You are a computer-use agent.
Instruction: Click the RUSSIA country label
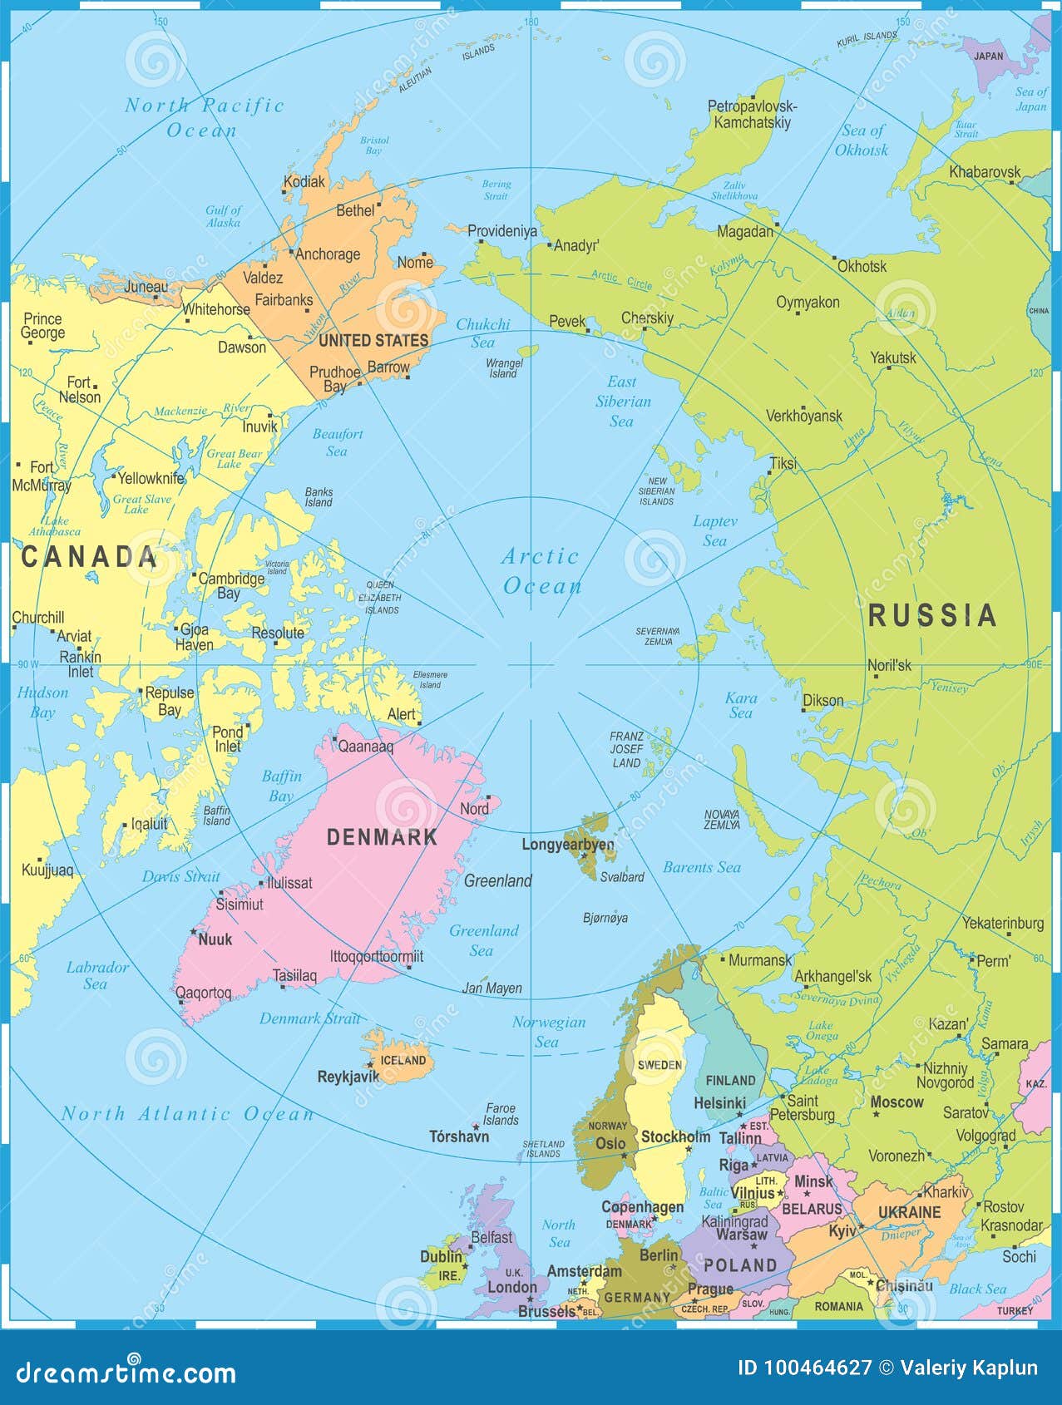[932, 615]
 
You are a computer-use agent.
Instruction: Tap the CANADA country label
[89, 557]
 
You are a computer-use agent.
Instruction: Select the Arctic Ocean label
[541, 571]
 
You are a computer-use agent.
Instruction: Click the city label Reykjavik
[348, 1077]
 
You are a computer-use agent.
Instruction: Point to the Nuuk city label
[215, 939]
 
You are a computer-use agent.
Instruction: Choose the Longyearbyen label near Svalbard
[567, 845]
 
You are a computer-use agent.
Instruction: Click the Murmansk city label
[759, 960]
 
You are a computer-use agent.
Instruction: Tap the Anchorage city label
[328, 254]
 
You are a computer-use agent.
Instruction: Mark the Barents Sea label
[701, 867]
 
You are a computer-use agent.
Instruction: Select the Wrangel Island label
[503, 368]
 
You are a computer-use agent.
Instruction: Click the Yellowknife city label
[151, 478]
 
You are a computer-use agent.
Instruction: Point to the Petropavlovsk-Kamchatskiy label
[752, 114]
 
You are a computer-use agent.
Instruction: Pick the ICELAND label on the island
[403, 1060]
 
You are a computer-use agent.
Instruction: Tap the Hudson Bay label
[42, 702]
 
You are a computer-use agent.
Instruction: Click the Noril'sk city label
[889, 665]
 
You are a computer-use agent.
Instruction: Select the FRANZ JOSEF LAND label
[626, 749]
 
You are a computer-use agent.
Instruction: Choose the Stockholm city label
[675, 1136]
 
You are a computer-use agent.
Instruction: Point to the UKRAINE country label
[909, 1212]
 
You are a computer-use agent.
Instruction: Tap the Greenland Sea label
[483, 940]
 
